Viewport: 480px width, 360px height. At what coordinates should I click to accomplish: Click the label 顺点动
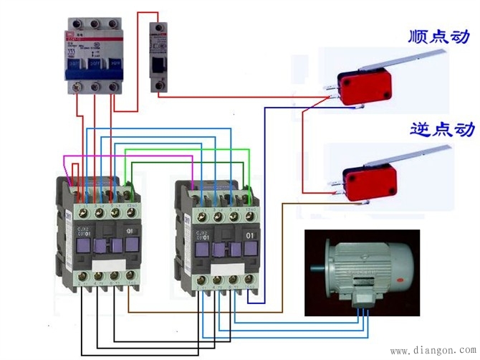pos(438,36)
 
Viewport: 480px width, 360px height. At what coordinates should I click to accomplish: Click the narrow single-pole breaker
pos(159,57)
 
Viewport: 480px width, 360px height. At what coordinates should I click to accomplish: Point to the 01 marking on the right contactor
pos(250,235)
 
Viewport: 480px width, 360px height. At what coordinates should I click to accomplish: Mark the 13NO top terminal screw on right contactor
pos(250,194)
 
